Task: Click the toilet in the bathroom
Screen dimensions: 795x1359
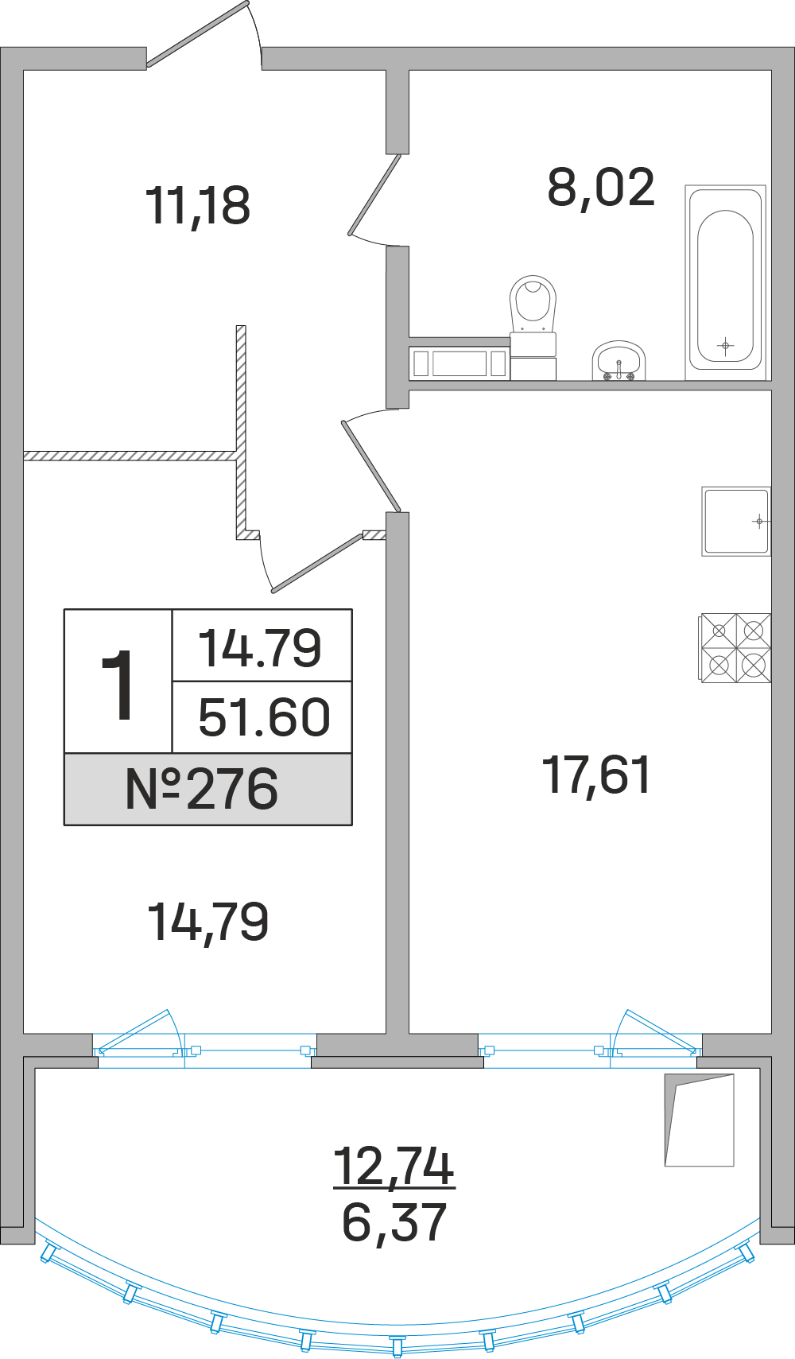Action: [x=533, y=326]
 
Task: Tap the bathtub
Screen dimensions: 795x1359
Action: [x=725, y=283]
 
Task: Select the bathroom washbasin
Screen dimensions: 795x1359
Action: [x=619, y=361]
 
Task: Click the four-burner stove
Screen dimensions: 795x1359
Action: [x=736, y=648]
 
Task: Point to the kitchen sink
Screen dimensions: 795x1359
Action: [x=736, y=521]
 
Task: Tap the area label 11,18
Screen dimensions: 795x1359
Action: [x=198, y=207]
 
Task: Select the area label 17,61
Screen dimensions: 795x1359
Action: [x=597, y=775]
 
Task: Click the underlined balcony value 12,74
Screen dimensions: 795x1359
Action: [x=394, y=1167]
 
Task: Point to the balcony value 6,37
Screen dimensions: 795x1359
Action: [x=394, y=1222]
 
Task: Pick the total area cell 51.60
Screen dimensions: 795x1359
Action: [x=264, y=717]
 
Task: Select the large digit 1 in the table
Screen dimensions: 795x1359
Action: [x=117, y=685]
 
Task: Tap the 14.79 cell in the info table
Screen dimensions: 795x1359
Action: [x=259, y=648]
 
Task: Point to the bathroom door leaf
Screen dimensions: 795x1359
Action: [x=374, y=195]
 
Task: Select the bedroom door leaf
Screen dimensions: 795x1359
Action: [x=316, y=562]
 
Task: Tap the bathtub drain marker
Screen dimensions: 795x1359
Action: [x=725, y=346]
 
